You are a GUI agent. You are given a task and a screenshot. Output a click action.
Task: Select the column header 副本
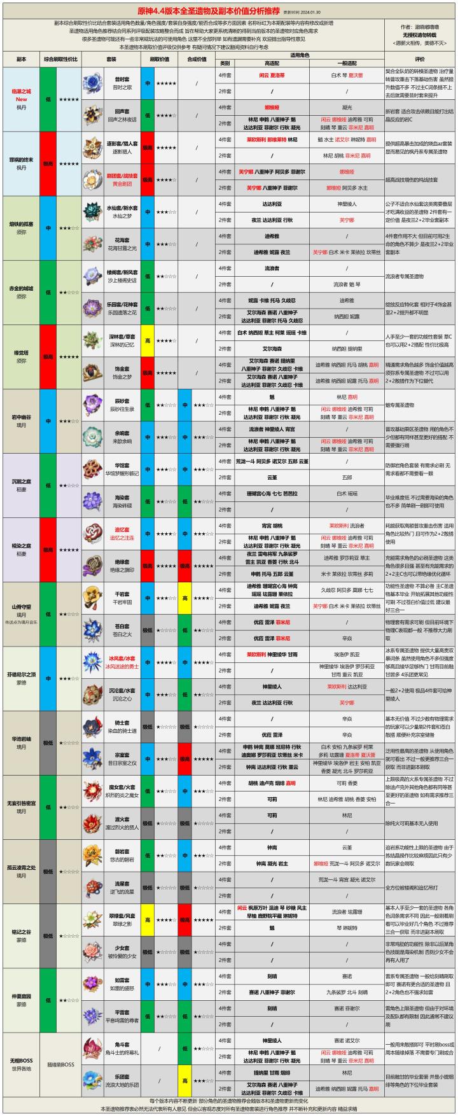point(21,59)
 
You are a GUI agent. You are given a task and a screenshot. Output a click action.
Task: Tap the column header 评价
point(420,59)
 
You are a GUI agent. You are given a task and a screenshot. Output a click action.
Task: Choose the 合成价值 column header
point(197,59)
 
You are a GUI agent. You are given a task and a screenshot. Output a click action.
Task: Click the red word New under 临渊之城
point(21,99)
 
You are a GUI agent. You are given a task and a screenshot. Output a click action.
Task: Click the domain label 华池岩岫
point(21,738)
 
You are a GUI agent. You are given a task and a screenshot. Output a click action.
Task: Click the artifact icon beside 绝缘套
point(93,565)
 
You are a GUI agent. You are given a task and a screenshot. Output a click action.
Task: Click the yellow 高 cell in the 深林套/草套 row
point(148,340)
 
